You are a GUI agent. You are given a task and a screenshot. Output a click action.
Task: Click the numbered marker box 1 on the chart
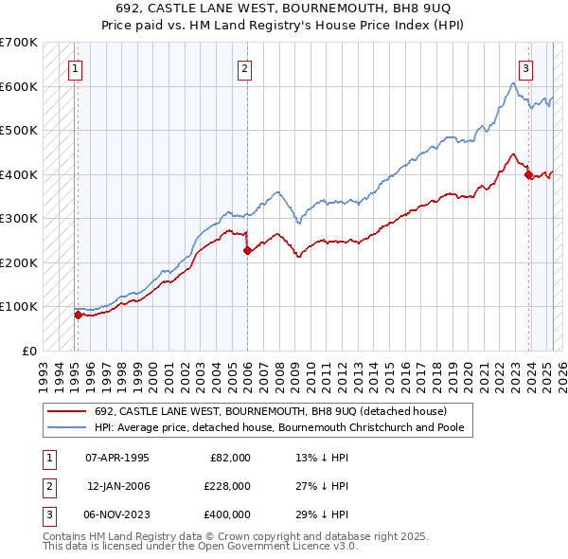75,68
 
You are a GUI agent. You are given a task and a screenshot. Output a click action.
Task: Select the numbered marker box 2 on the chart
244,68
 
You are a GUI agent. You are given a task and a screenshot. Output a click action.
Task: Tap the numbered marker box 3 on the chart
525,68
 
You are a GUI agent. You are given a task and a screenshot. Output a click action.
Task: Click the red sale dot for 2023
528,174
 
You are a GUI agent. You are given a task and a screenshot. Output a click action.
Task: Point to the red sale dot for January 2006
247,251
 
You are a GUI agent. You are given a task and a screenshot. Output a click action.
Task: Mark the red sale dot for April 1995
78,315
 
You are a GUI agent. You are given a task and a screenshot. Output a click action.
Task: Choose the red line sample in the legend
66,411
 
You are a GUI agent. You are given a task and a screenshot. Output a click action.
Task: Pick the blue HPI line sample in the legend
66,427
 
